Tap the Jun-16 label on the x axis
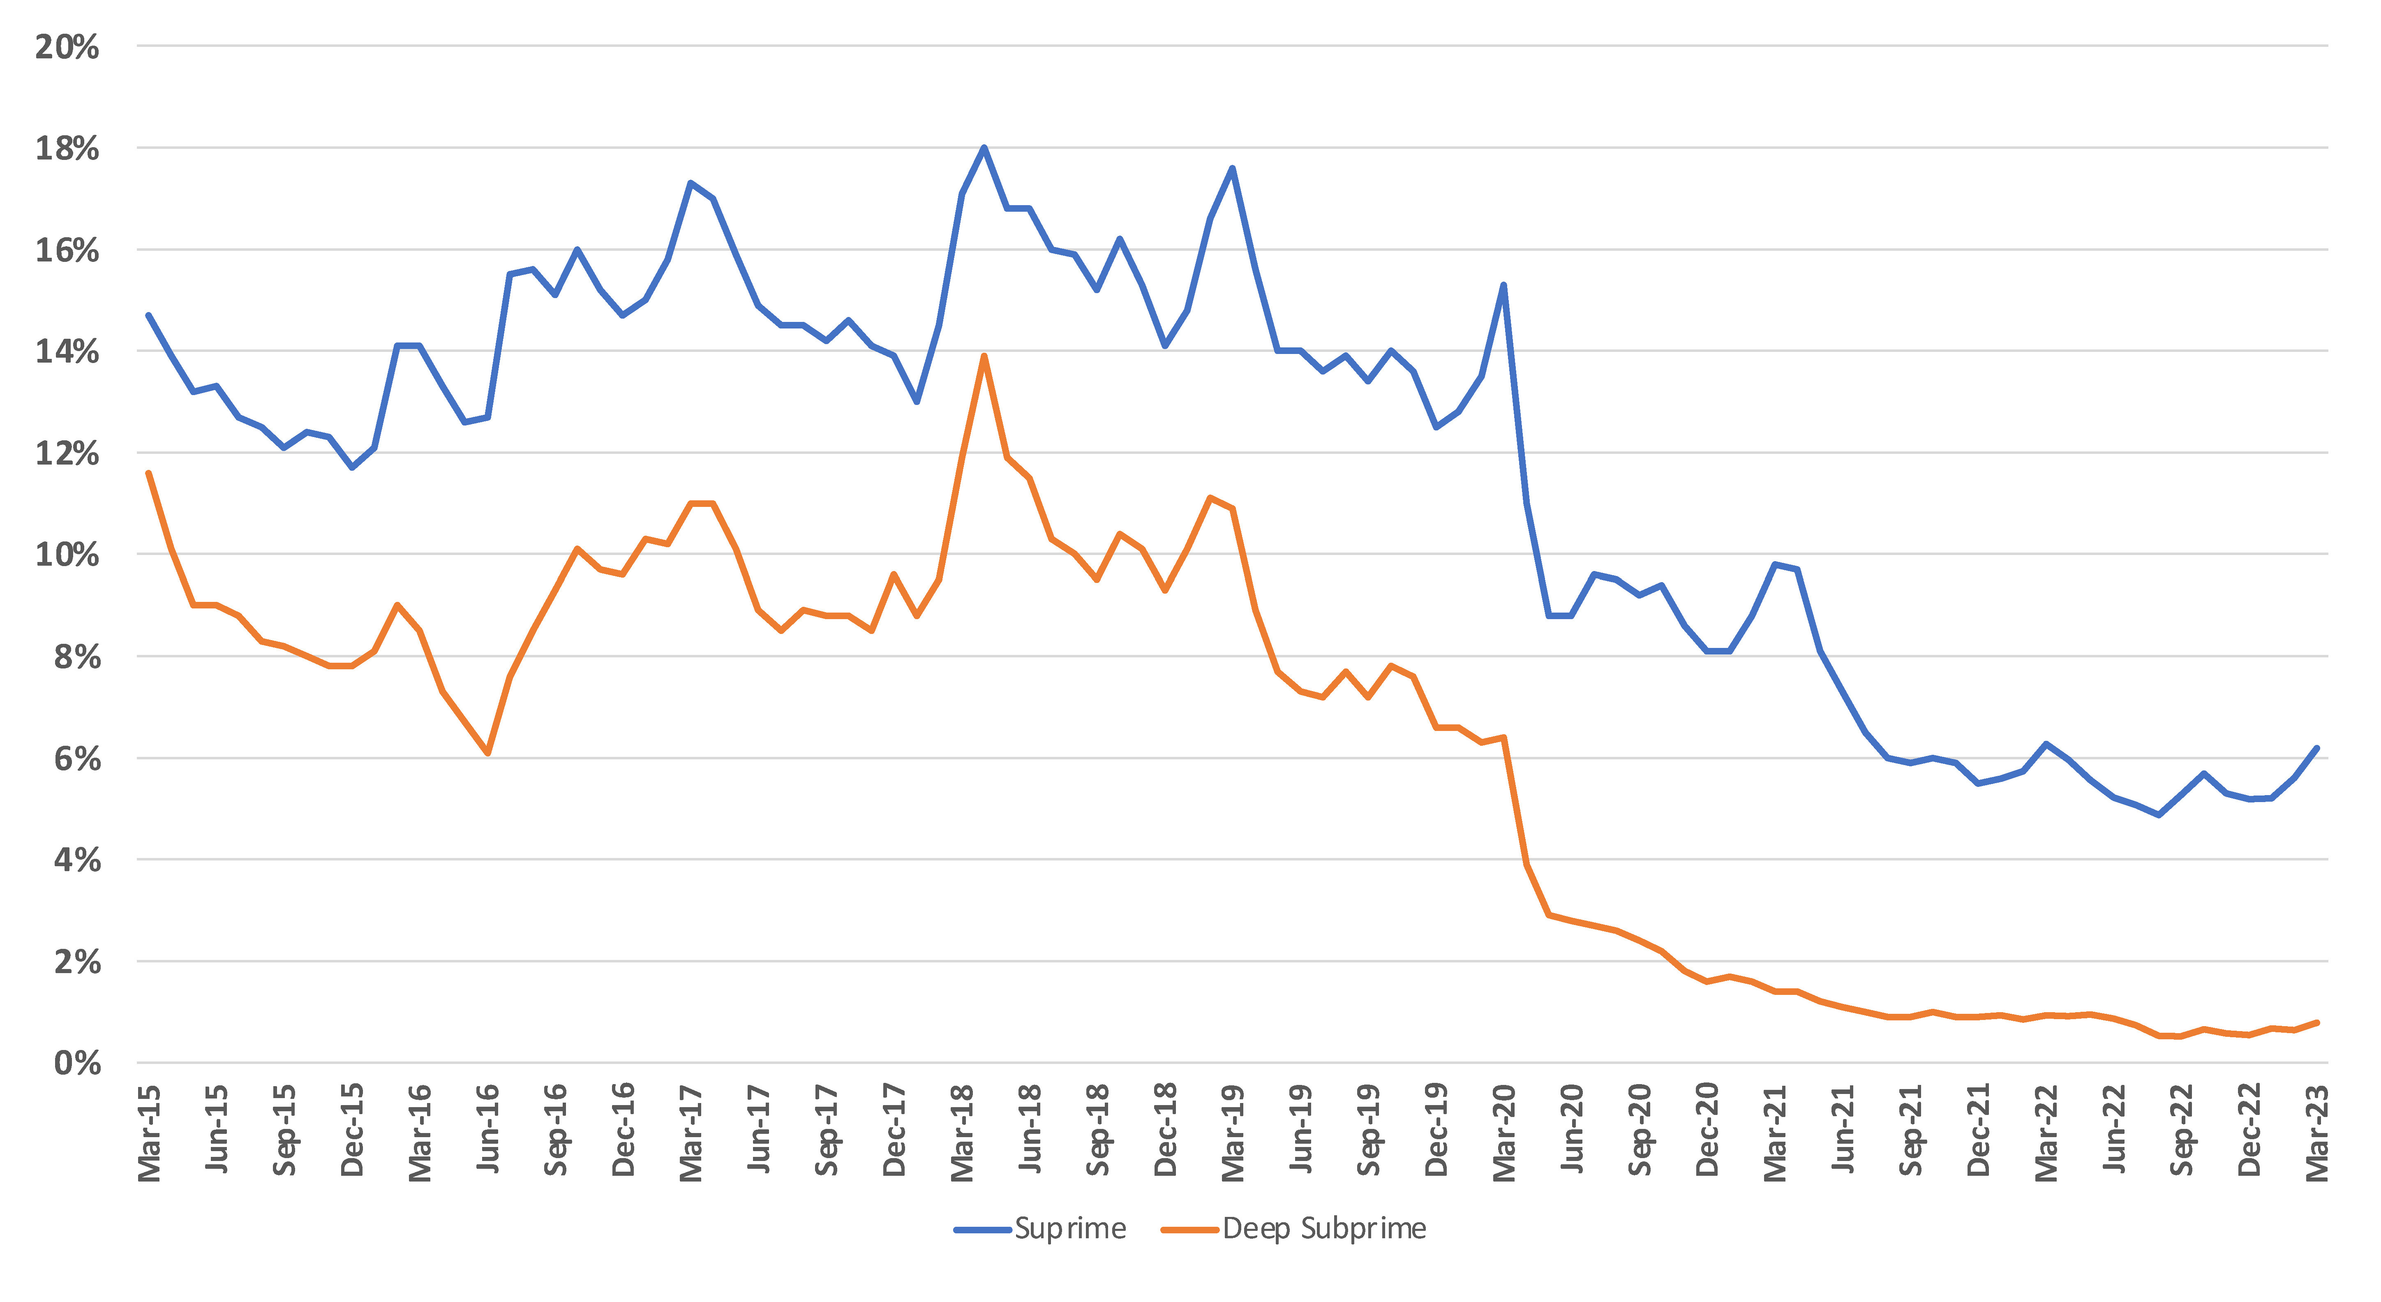[x=488, y=1130]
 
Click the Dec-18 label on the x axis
[x=1166, y=1130]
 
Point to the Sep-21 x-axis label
[x=1910, y=1130]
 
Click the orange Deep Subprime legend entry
[x=1294, y=1229]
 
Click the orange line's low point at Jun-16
[x=488, y=753]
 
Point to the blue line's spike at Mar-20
[x=1504, y=285]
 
